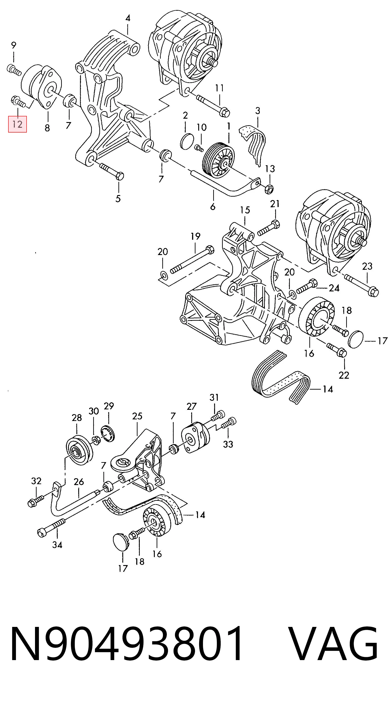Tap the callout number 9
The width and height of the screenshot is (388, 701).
point(13,45)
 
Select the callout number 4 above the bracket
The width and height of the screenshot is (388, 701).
point(128,18)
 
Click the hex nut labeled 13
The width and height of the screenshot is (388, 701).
point(269,188)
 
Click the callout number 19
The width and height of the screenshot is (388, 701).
point(195,236)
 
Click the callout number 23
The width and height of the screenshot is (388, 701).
point(367,266)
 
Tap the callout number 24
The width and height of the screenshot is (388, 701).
point(334,288)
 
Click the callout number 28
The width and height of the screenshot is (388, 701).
point(77,418)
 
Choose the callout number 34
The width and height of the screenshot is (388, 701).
point(57,545)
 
